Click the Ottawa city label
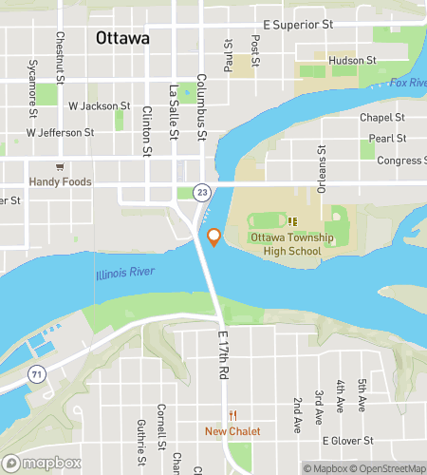point(122,39)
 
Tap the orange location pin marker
point(214,237)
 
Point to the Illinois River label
point(124,274)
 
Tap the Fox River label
point(408,84)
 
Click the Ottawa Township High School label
point(286,244)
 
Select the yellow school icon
point(292,221)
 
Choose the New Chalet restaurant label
point(232,431)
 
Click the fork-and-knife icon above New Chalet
point(232,415)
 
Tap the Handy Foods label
point(58,180)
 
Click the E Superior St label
point(298,24)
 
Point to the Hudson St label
point(352,61)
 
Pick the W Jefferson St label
point(64,133)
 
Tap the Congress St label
point(401,161)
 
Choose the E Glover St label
point(350,441)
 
